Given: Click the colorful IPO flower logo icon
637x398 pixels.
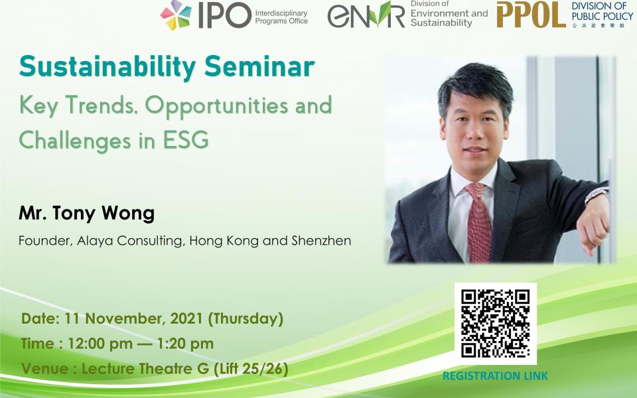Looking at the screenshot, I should (176, 15).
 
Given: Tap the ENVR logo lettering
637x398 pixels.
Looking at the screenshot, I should (366, 15).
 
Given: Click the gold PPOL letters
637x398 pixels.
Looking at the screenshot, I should (531, 15).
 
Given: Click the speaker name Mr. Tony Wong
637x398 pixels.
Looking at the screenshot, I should (86, 214).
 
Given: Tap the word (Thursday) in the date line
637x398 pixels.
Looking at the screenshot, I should (246, 318).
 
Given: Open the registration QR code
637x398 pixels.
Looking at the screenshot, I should (495, 324).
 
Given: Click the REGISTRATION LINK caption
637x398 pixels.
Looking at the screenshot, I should (495, 376).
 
